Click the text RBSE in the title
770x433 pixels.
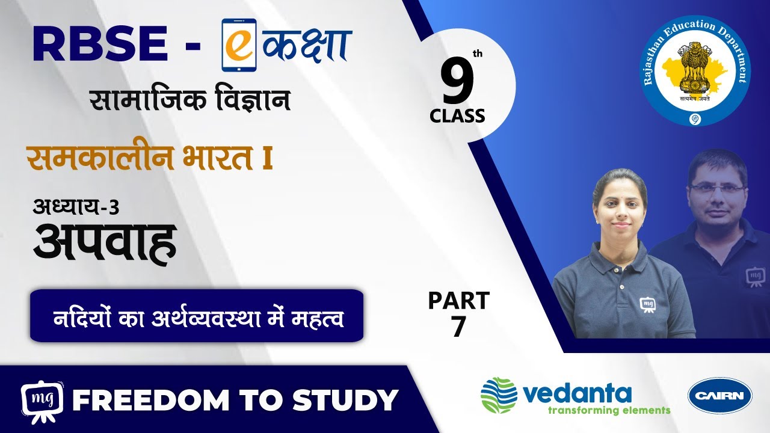(100, 44)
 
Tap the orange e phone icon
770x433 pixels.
(239, 45)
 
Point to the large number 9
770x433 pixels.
(458, 81)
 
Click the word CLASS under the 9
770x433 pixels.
(457, 116)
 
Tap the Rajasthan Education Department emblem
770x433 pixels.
(696, 70)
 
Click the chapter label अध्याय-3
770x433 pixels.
(76, 207)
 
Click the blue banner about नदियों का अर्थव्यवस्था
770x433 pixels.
(197, 316)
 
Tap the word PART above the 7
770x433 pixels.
(459, 301)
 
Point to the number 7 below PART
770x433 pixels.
(459, 326)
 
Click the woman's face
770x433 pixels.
(621, 210)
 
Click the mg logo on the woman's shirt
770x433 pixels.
(647, 305)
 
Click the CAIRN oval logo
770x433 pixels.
(720, 396)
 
